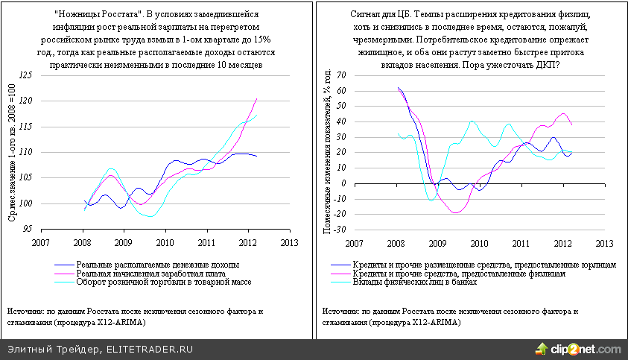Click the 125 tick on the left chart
click(x=26, y=75)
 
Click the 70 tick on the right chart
click(x=341, y=75)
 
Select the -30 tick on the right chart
click(x=340, y=230)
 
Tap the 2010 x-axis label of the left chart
click(x=165, y=242)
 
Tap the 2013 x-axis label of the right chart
click(x=605, y=242)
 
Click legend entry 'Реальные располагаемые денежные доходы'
click(x=157, y=265)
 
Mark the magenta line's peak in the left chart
click(x=257, y=98)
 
